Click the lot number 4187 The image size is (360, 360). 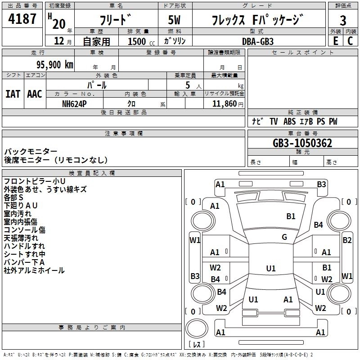[22, 19]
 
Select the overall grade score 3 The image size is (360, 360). [343, 20]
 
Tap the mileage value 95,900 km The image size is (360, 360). [54, 65]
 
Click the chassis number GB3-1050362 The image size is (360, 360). [302, 143]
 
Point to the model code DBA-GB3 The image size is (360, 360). [257, 41]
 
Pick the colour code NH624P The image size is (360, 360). [74, 104]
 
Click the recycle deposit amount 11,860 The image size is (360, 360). [224, 104]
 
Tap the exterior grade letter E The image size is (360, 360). [335, 41]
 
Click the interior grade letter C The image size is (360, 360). [350, 41]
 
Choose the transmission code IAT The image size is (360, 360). [13, 94]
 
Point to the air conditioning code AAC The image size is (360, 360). [35, 94]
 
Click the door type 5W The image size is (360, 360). [174, 20]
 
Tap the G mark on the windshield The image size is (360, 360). [284, 237]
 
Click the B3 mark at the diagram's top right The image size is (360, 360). [321, 184]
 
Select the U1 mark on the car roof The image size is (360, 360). [271, 268]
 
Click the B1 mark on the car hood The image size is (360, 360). [291, 216]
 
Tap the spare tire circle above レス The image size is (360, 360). [197, 328]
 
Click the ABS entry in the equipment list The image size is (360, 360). [289, 121]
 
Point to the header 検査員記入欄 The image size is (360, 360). [92, 173]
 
